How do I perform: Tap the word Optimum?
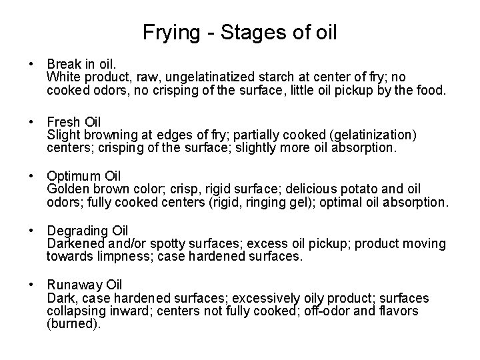point(74,177)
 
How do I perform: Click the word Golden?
point(65,189)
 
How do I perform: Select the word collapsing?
point(73,311)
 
